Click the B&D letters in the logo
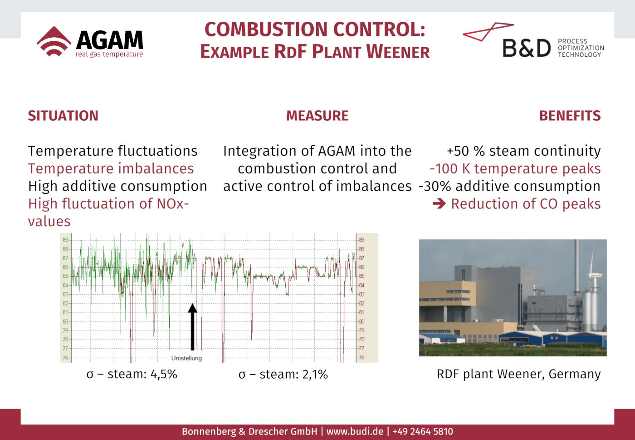tap(527, 48)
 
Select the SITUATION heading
tap(63, 116)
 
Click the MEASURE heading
tap(317, 116)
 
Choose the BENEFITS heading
tap(570, 116)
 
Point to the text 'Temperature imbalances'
tap(111, 168)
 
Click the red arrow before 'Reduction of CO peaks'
tap(439, 203)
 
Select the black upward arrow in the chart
tap(192, 326)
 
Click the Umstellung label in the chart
tap(186, 358)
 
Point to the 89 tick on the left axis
tap(65, 240)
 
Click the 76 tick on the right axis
tap(362, 358)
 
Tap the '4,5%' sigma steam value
tap(164, 374)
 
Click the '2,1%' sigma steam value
tap(315, 374)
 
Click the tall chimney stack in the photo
tap(576, 266)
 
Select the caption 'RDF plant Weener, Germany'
tap(519, 374)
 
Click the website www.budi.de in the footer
tap(355, 431)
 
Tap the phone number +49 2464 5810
tap(423, 431)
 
